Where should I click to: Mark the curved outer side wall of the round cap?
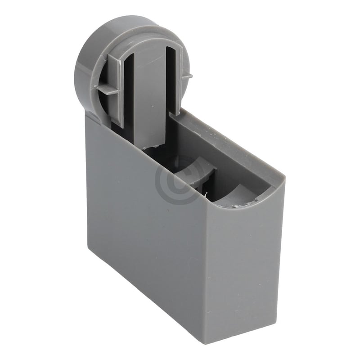[83, 67]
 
